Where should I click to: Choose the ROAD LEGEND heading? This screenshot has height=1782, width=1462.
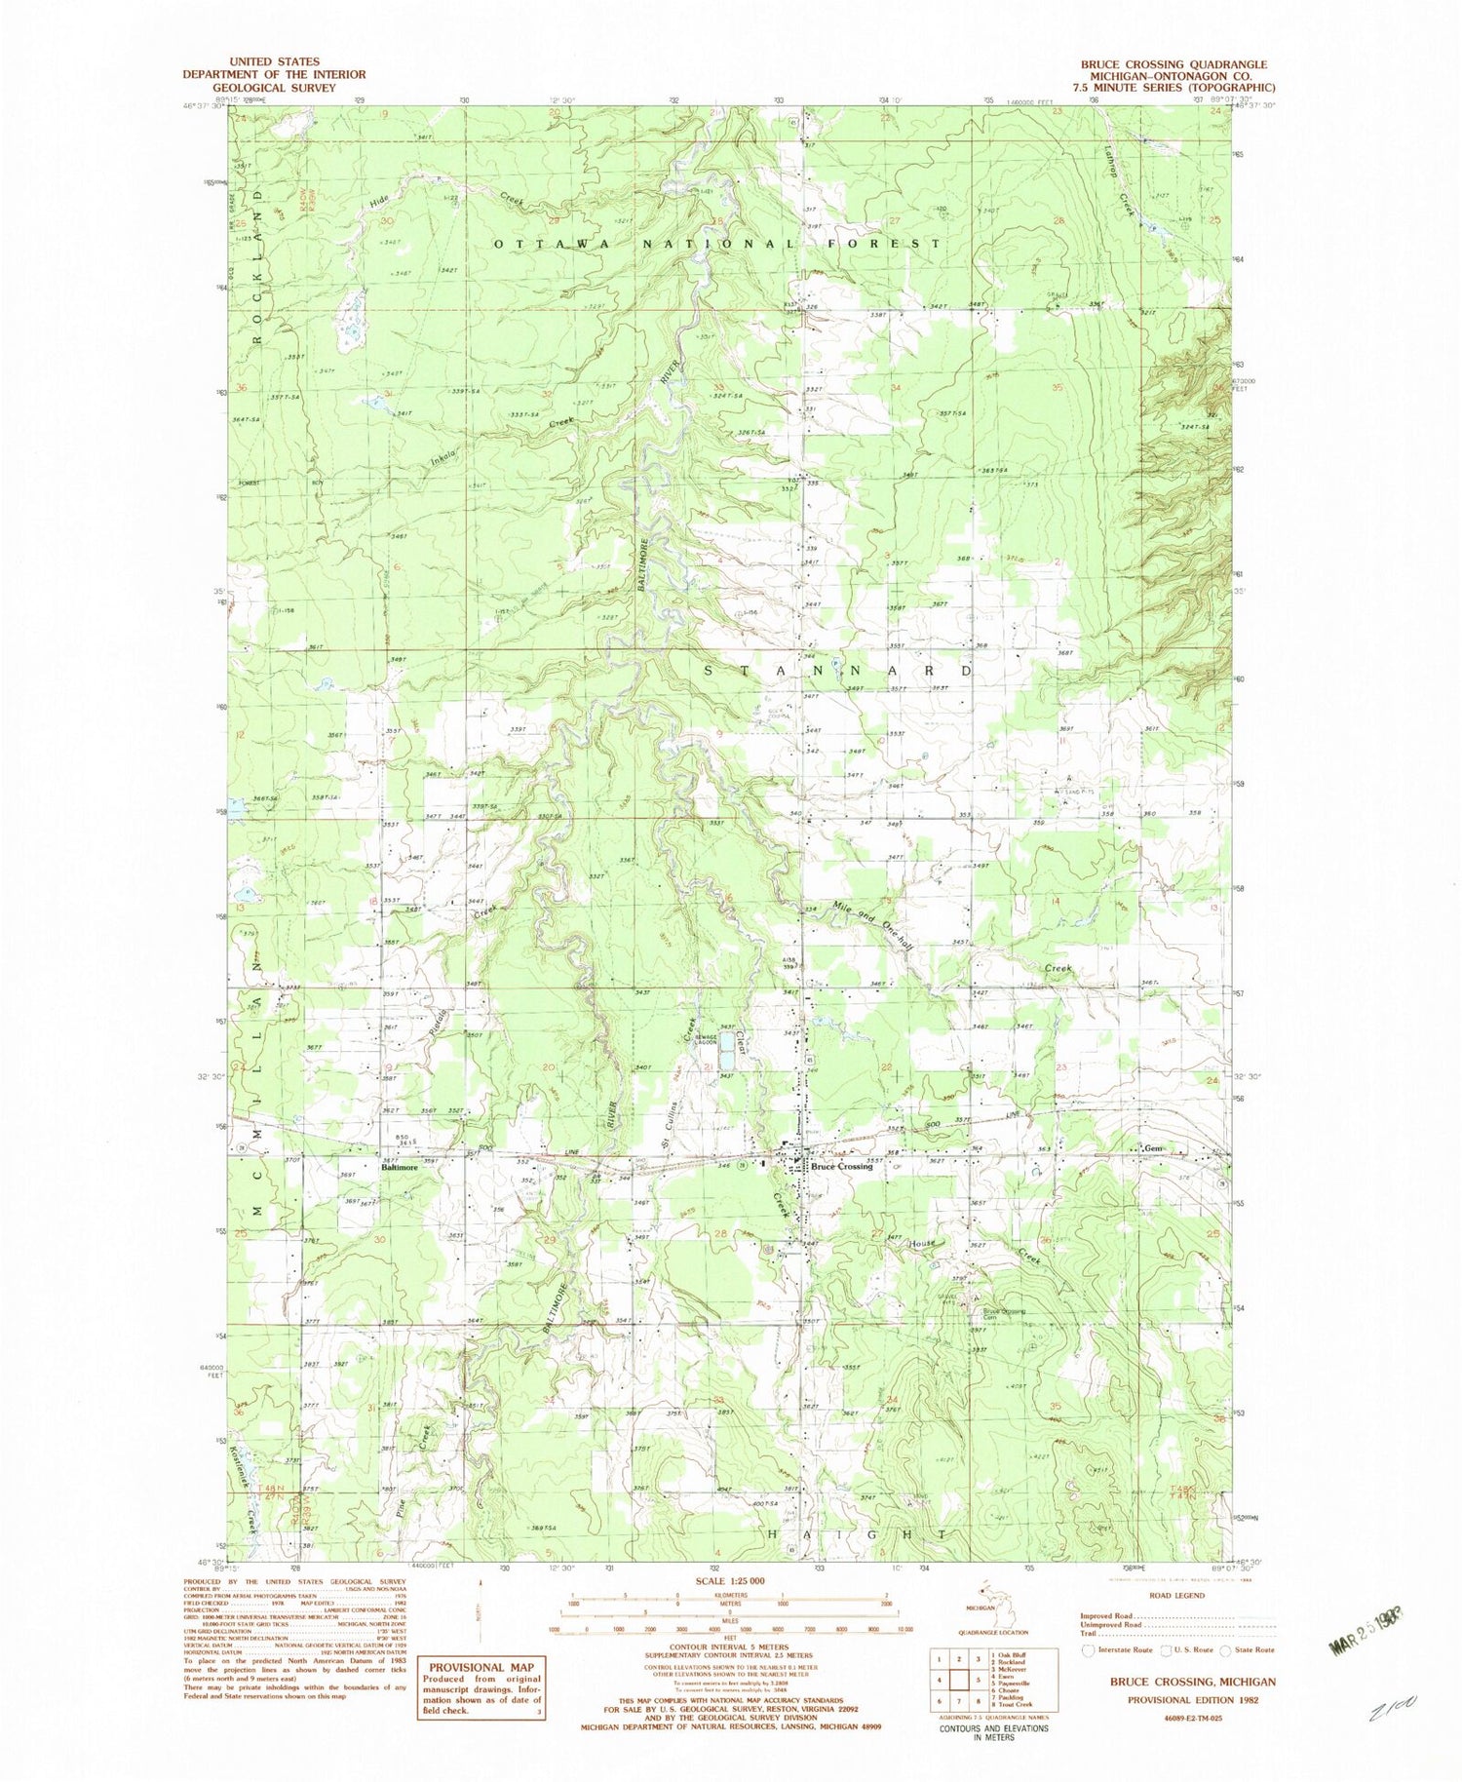(x=1176, y=1596)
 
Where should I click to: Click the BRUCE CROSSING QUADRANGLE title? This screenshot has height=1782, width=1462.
(x=1173, y=64)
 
